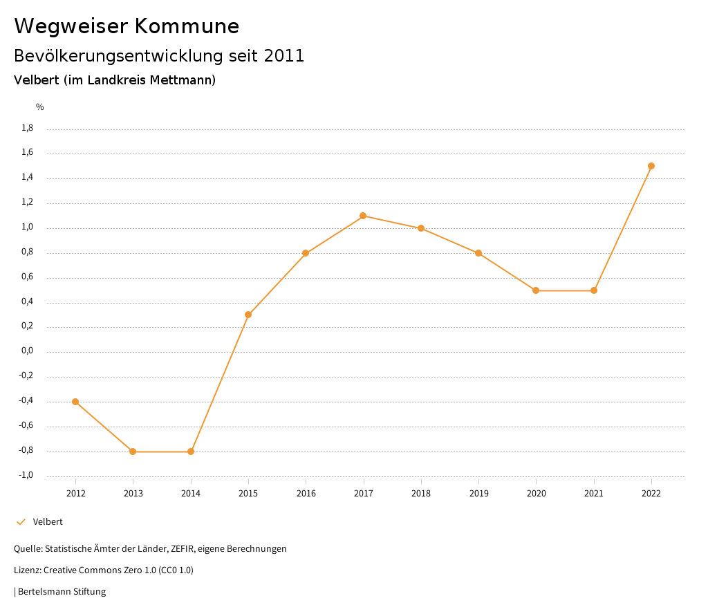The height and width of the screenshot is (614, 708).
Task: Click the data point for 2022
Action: tap(651, 166)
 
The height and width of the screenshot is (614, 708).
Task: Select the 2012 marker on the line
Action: tap(75, 402)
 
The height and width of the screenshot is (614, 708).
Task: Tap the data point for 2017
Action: tap(363, 216)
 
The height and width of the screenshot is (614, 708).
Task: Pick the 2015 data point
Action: tap(248, 315)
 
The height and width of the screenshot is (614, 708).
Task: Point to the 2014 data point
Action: tap(191, 452)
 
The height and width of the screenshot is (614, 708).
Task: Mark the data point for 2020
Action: tap(536, 290)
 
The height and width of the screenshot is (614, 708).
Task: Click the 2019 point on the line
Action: tap(478, 253)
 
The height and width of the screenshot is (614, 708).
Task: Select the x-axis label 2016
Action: tap(306, 494)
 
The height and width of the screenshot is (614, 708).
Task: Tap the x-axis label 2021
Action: tap(594, 494)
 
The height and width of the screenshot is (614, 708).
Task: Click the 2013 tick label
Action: tap(133, 494)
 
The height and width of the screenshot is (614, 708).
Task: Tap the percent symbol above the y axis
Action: tap(40, 107)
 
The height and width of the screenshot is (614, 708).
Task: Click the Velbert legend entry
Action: tap(48, 522)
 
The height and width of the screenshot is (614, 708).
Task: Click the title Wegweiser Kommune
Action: tap(127, 26)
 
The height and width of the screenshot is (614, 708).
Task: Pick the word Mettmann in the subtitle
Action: tap(185, 80)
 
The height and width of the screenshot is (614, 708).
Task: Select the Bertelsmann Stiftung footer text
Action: tap(62, 592)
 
